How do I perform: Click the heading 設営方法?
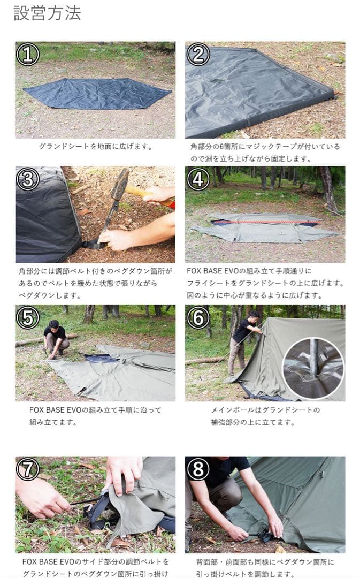pyautogui.click(x=47, y=13)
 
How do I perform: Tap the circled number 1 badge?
pyautogui.click(x=28, y=54)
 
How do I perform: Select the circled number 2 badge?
pyautogui.click(x=198, y=54)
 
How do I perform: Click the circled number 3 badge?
pyautogui.click(x=28, y=179)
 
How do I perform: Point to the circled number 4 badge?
pyautogui.click(x=198, y=179)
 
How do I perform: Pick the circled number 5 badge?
pyautogui.click(x=28, y=317)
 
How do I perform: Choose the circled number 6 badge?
pyautogui.click(x=198, y=317)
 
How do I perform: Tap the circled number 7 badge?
pyautogui.click(x=28, y=469)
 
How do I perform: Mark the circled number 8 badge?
pyautogui.click(x=198, y=469)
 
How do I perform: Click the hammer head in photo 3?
pyautogui.click(x=120, y=184)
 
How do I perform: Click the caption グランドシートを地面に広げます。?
pyautogui.click(x=95, y=146)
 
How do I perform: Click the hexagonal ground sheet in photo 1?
pyautogui.click(x=96, y=93)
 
